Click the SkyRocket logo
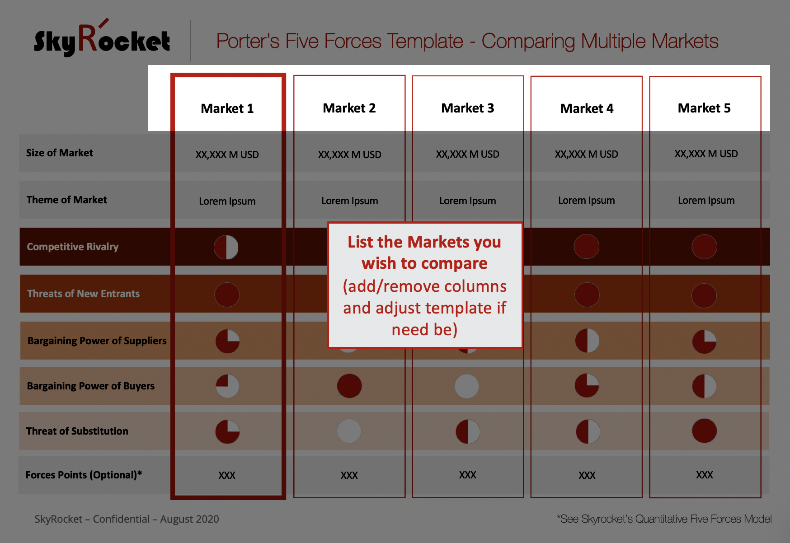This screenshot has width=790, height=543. click(102, 38)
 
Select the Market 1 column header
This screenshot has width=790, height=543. click(227, 108)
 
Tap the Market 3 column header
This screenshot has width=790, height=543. click(468, 108)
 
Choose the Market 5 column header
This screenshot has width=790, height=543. click(704, 108)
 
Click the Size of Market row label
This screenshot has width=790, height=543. click(60, 153)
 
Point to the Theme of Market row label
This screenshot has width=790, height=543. click(67, 200)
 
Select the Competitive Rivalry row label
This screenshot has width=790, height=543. click(73, 247)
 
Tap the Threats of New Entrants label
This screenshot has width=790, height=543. click(84, 294)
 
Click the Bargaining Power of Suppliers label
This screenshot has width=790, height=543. click(97, 341)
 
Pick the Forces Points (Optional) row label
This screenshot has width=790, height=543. click(84, 475)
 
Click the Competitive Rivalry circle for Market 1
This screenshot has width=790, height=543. click(226, 247)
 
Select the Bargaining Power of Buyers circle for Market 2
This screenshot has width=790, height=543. click(349, 386)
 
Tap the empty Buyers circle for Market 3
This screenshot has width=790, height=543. click(467, 386)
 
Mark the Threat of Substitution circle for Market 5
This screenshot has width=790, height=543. click(704, 431)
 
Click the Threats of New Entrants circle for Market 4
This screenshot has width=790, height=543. click(587, 295)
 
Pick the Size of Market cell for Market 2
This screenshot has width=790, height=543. click(350, 154)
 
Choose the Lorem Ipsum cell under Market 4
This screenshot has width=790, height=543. click(587, 200)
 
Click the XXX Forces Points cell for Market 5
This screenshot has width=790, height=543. click(705, 475)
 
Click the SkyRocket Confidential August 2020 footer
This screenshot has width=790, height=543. click(127, 519)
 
